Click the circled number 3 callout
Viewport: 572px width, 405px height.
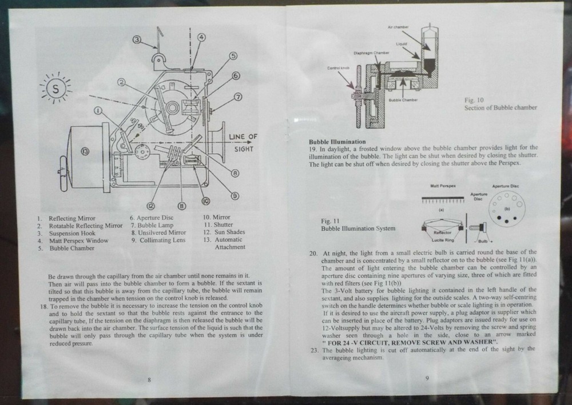pyautogui.click(x=137, y=39)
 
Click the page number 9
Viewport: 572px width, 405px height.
pyautogui.click(x=427, y=377)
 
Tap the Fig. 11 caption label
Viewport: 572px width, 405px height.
pyautogui.click(x=331, y=220)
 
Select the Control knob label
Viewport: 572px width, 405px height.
pyautogui.click(x=337, y=67)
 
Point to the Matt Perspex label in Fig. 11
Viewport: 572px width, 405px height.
pyautogui.click(x=443, y=186)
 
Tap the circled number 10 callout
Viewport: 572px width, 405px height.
pyautogui.click(x=205, y=201)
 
